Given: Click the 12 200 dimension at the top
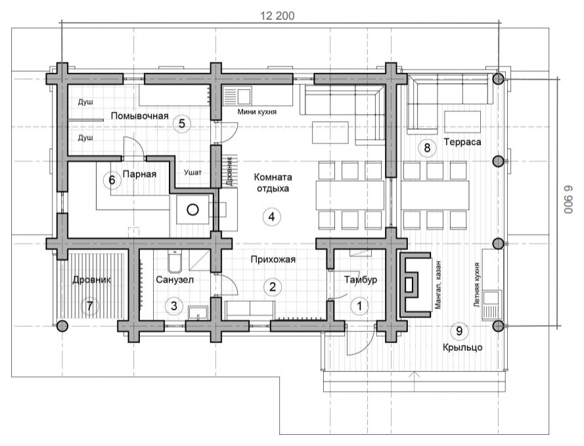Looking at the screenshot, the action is click(277, 16).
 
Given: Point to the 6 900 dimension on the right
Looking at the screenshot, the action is click(568, 199).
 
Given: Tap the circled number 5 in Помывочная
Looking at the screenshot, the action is click(182, 123).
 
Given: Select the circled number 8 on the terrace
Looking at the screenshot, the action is click(427, 148).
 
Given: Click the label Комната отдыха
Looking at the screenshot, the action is click(273, 182).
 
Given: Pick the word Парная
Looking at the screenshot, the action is click(139, 174).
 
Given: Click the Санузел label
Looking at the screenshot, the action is click(175, 279).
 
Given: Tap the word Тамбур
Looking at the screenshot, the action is click(361, 279).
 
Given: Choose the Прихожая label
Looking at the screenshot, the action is click(273, 259).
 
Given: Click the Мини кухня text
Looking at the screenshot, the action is click(257, 111).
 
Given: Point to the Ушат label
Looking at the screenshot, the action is click(193, 172).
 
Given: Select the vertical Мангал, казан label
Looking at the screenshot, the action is click(438, 285).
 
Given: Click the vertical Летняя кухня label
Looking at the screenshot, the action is click(476, 285).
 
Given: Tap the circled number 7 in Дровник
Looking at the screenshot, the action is click(89, 306).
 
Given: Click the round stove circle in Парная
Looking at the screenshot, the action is click(192, 210).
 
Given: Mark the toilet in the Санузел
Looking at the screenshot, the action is click(175, 262).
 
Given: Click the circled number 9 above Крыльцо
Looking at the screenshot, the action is click(459, 331).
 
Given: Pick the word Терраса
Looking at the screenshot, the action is click(462, 142).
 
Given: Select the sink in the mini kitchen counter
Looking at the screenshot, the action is click(244, 96).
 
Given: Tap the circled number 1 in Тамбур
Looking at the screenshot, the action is click(359, 306).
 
